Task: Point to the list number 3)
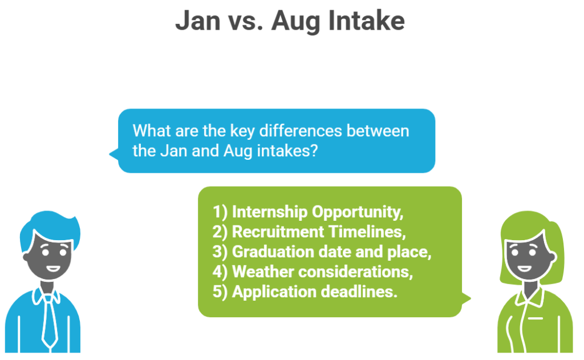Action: click(220, 252)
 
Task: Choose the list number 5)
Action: click(220, 292)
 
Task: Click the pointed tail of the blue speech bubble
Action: click(112, 153)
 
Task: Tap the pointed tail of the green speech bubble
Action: click(467, 298)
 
